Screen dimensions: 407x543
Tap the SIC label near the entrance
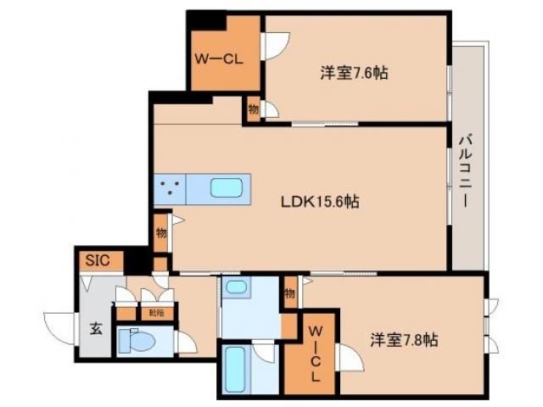click(95, 259)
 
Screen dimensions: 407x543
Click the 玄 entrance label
click(96, 329)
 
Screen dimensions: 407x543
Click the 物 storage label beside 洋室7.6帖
click(253, 108)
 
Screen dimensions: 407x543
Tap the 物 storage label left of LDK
click(160, 231)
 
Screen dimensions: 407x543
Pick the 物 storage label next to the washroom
click(290, 293)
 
